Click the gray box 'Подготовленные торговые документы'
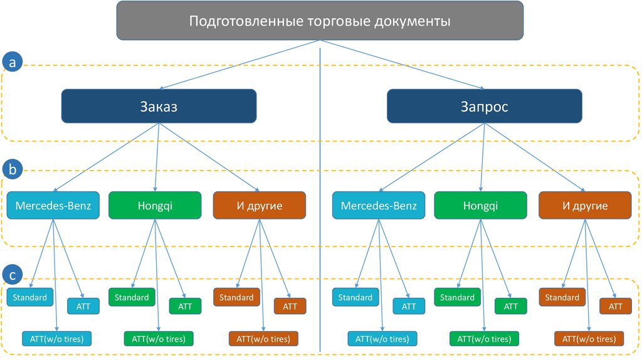[x=320, y=21]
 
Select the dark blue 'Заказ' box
[x=159, y=106]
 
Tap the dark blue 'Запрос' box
[x=484, y=106]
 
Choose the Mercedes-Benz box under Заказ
[x=53, y=205]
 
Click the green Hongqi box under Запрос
[x=481, y=205]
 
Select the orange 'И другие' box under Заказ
[x=260, y=205]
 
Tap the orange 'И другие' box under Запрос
[x=584, y=205]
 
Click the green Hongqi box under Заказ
[x=155, y=205]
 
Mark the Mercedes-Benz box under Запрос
[x=379, y=205]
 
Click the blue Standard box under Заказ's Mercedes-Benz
[x=30, y=297]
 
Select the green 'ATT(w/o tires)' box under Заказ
[x=159, y=339]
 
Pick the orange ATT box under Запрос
[x=615, y=306]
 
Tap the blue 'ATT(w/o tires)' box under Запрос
[x=383, y=339]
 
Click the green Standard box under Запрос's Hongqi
[x=457, y=297]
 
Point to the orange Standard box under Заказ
[x=236, y=297]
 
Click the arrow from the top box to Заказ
[x=238, y=65]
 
